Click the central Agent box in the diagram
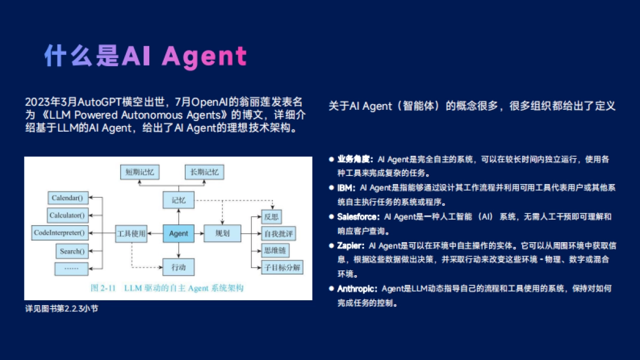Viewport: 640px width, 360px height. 179,234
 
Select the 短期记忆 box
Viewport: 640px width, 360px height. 140,172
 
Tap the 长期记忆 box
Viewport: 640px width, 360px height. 204,172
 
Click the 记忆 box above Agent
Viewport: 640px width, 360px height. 179,201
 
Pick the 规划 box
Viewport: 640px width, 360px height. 222,234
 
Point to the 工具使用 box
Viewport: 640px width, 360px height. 131,234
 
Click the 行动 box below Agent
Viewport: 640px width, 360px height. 179,266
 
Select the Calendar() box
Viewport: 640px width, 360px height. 67,198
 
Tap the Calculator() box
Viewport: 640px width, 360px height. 67,215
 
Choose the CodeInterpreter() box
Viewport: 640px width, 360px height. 60,233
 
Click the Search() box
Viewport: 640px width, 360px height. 71,251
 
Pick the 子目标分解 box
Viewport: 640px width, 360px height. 281,268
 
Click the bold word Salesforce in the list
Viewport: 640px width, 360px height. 357,217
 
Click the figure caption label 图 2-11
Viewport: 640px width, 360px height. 104,288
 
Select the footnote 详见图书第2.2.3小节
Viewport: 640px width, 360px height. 61,309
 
